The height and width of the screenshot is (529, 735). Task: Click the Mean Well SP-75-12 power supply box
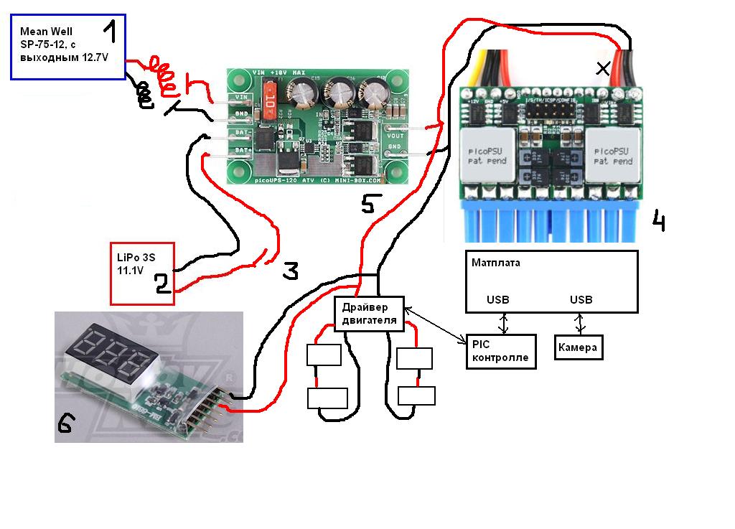pos(68,47)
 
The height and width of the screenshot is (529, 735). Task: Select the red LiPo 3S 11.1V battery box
pos(142,273)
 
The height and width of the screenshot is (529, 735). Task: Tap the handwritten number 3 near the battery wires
pos(289,270)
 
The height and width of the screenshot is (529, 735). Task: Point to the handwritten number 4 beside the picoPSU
pos(658,220)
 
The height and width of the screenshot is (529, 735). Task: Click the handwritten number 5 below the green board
pos(367,205)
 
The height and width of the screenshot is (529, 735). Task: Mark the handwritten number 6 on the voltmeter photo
pos(65,425)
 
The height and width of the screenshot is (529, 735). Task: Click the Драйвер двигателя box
pos(369,314)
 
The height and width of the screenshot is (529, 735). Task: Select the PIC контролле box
pos(500,351)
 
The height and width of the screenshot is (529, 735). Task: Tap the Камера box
pos(578,348)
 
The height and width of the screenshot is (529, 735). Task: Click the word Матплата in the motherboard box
pos(496,263)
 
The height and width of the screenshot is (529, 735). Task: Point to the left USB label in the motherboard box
pos(499,299)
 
